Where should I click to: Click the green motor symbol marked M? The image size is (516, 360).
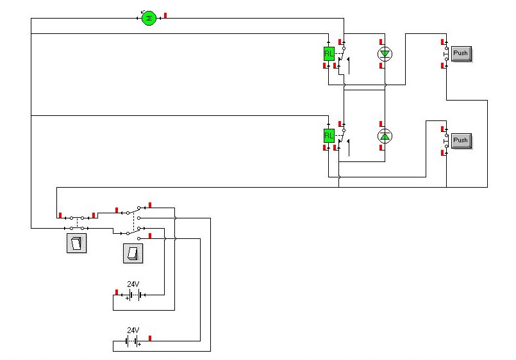coord(149,18)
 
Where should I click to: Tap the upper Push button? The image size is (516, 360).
coord(462,54)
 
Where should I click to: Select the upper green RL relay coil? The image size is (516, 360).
coord(329,54)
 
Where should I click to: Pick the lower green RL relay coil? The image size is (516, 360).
coord(329,135)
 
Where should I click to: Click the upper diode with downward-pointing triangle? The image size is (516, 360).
coord(385,54)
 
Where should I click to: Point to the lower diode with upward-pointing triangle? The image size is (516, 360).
coord(385,136)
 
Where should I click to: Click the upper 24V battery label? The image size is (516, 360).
coord(133,284)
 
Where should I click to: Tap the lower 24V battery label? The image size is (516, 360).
coord(133,330)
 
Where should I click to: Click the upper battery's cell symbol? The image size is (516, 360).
coord(135,295)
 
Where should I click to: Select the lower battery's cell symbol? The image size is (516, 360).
coord(131,341)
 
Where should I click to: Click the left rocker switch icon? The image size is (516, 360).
coord(77,243)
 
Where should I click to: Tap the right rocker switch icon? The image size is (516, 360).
coord(133,253)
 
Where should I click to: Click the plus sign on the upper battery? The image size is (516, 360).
coord(128,299)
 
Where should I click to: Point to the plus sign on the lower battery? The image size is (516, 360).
coord(140,345)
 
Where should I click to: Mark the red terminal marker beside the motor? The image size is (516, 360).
coord(165,15)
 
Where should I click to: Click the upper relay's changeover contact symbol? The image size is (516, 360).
coord(344,59)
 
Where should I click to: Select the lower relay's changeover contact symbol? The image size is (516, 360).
coord(344,141)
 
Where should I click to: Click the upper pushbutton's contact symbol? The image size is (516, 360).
coord(446,54)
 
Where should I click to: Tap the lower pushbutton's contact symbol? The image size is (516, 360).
coord(446,141)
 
